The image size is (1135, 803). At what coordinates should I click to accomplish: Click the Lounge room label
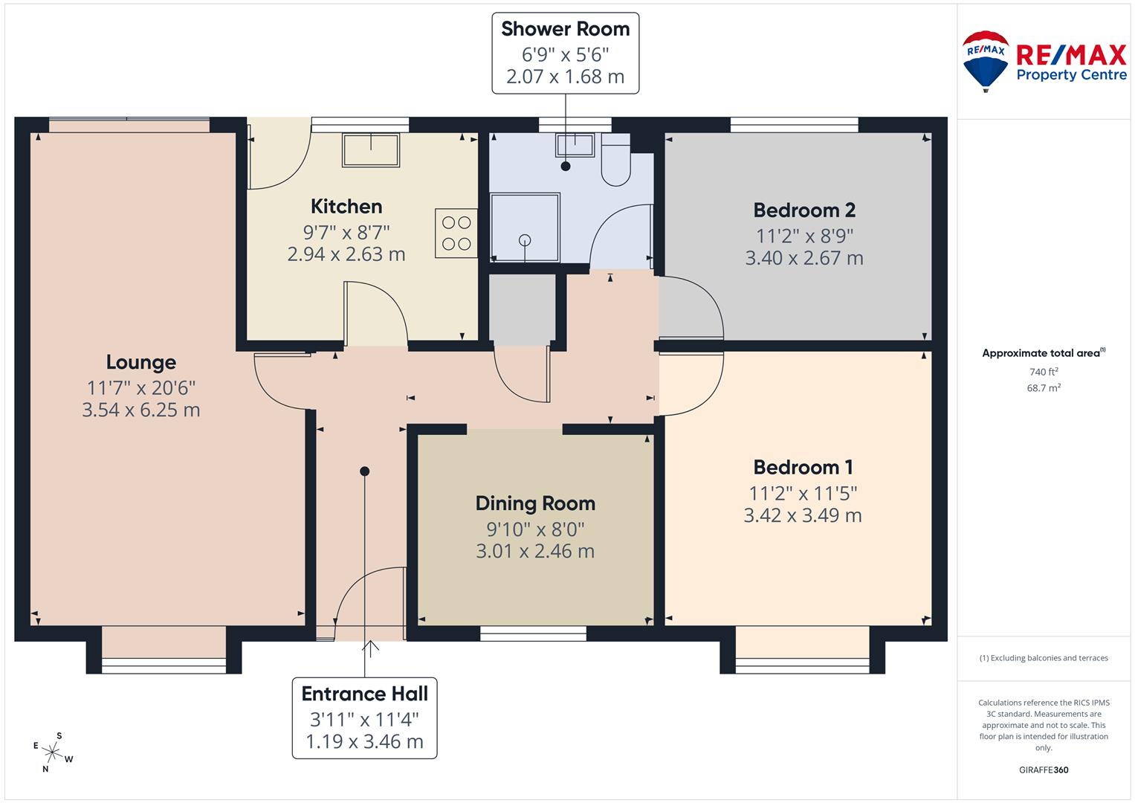pos(140,362)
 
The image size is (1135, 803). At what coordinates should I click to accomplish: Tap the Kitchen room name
pos(346,206)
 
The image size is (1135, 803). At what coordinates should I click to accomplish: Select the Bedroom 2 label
pos(804,210)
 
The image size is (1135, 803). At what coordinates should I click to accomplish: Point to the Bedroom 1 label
pos(803,467)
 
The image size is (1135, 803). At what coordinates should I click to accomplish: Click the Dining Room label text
pos(535,503)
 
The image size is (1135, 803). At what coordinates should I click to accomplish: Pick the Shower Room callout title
pos(565,29)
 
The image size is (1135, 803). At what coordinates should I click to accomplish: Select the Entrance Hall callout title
pos(364,694)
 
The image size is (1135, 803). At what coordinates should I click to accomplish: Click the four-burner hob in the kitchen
pos(456,233)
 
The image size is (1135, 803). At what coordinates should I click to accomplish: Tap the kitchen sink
pos(370,150)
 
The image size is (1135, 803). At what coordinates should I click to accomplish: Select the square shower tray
pos(525,228)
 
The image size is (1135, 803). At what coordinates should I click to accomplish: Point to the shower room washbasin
pos(575,144)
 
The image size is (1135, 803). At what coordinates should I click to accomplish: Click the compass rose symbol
pos(53,751)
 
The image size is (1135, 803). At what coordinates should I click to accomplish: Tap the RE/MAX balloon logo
pos(985,59)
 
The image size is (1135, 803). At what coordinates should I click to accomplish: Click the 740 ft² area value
pos(1043,372)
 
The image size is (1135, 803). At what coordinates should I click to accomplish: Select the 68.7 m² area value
pos(1043,387)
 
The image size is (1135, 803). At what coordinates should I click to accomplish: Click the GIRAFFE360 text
pos(1044,770)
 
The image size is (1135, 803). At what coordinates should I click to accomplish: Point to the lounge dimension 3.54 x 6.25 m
pos(140,410)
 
